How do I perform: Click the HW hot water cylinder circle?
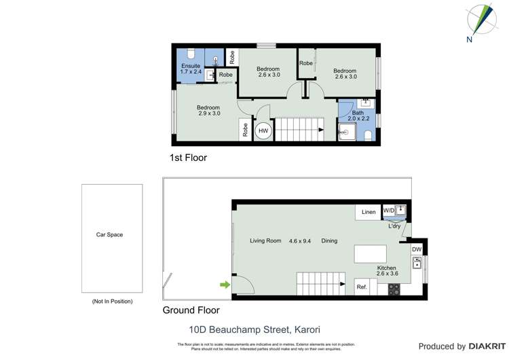point(263,131)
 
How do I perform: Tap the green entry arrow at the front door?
point(223,285)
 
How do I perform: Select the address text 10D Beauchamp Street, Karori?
point(254,330)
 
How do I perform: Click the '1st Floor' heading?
point(188,158)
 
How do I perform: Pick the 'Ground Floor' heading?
point(191,310)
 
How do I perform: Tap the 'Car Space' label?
point(109,235)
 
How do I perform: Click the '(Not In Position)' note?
point(112,301)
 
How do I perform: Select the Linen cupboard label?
point(369,213)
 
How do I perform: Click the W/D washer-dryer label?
point(388,211)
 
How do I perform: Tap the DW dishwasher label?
point(417,249)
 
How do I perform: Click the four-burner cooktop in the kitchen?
point(394,289)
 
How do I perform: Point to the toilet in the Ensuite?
point(191,54)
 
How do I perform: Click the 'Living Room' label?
point(265,240)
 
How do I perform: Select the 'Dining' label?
point(329,240)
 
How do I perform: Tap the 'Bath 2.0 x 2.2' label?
point(358,115)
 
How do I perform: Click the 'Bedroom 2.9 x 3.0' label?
point(208,110)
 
